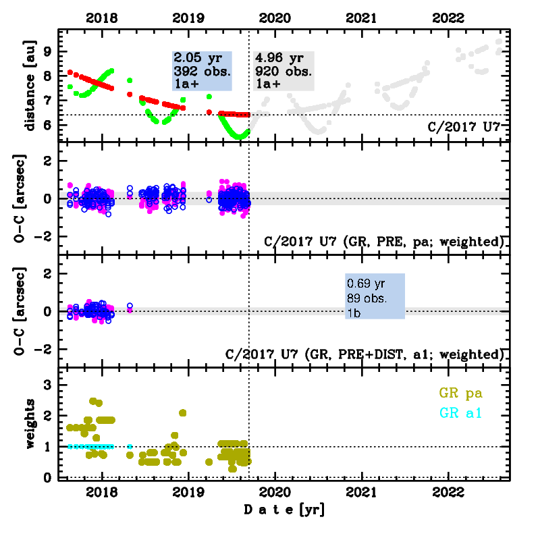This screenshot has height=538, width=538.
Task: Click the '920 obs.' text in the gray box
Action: click(283, 71)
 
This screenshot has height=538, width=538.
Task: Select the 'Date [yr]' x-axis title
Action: click(284, 510)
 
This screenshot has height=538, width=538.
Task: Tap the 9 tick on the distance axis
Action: click(47, 51)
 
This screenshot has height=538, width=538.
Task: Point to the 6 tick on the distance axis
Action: click(47, 127)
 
